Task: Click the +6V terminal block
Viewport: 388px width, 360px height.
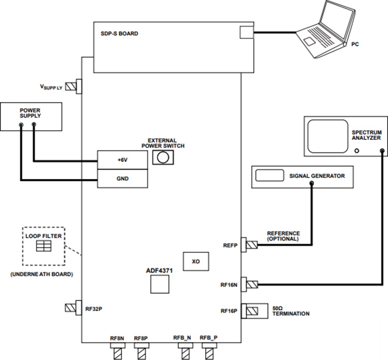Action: pos(123,160)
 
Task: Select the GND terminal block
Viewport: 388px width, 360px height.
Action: pos(123,179)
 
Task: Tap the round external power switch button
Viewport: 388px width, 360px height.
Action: pos(163,157)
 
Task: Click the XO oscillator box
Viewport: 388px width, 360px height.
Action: pos(196,261)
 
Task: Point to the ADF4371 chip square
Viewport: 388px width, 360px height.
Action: pos(160,286)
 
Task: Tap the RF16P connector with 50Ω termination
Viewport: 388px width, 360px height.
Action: pos(250,311)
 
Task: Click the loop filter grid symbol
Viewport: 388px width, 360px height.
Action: pos(44,246)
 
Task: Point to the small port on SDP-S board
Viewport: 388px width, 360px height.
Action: pos(246,32)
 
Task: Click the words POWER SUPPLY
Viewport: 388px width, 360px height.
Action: pos(30,113)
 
